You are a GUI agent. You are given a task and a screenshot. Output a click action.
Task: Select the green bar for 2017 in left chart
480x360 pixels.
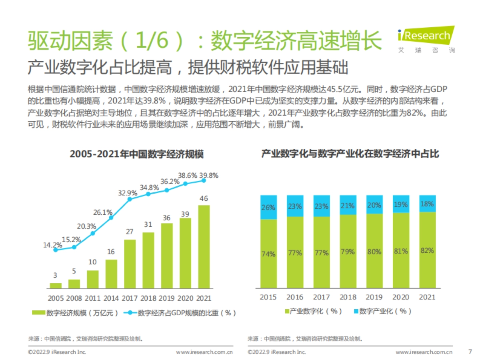pyautogui.click(x=130, y=264)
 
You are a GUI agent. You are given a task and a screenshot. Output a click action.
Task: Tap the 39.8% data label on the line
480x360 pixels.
pyautogui.click(x=209, y=176)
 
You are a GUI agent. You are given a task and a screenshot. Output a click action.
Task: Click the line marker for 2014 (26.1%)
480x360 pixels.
pyautogui.click(x=111, y=218)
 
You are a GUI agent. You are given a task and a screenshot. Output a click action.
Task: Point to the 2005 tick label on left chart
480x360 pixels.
pyautogui.click(x=56, y=298)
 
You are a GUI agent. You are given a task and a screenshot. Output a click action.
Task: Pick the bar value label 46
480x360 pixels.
pyautogui.click(x=204, y=198)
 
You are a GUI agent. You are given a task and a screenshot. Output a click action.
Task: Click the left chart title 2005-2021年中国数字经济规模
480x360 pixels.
pyautogui.click(x=136, y=154)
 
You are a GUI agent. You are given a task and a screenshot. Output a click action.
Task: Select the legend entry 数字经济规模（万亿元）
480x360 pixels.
pyautogui.click(x=76, y=313)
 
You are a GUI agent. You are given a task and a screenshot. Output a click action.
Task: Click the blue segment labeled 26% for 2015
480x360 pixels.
pyautogui.click(x=268, y=207)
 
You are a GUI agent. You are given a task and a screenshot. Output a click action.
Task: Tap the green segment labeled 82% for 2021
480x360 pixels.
pyautogui.click(x=427, y=250)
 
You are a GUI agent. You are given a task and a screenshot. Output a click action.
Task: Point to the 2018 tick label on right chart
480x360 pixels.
pyautogui.click(x=347, y=297)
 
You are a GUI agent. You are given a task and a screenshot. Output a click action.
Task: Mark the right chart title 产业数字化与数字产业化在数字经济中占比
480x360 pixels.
pyautogui.click(x=350, y=154)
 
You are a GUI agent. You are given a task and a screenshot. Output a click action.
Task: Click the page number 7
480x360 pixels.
pyautogui.click(x=470, y=352)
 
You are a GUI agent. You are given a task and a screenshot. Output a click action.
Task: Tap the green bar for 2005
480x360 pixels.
pyautogui.click(x=56, y=286)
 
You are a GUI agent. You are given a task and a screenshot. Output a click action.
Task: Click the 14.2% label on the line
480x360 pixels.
pyautogui.click(x=52, y=245)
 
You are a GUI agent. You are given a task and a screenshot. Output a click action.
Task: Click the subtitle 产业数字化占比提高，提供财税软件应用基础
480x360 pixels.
pyautogui.click(x=188, y=68)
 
